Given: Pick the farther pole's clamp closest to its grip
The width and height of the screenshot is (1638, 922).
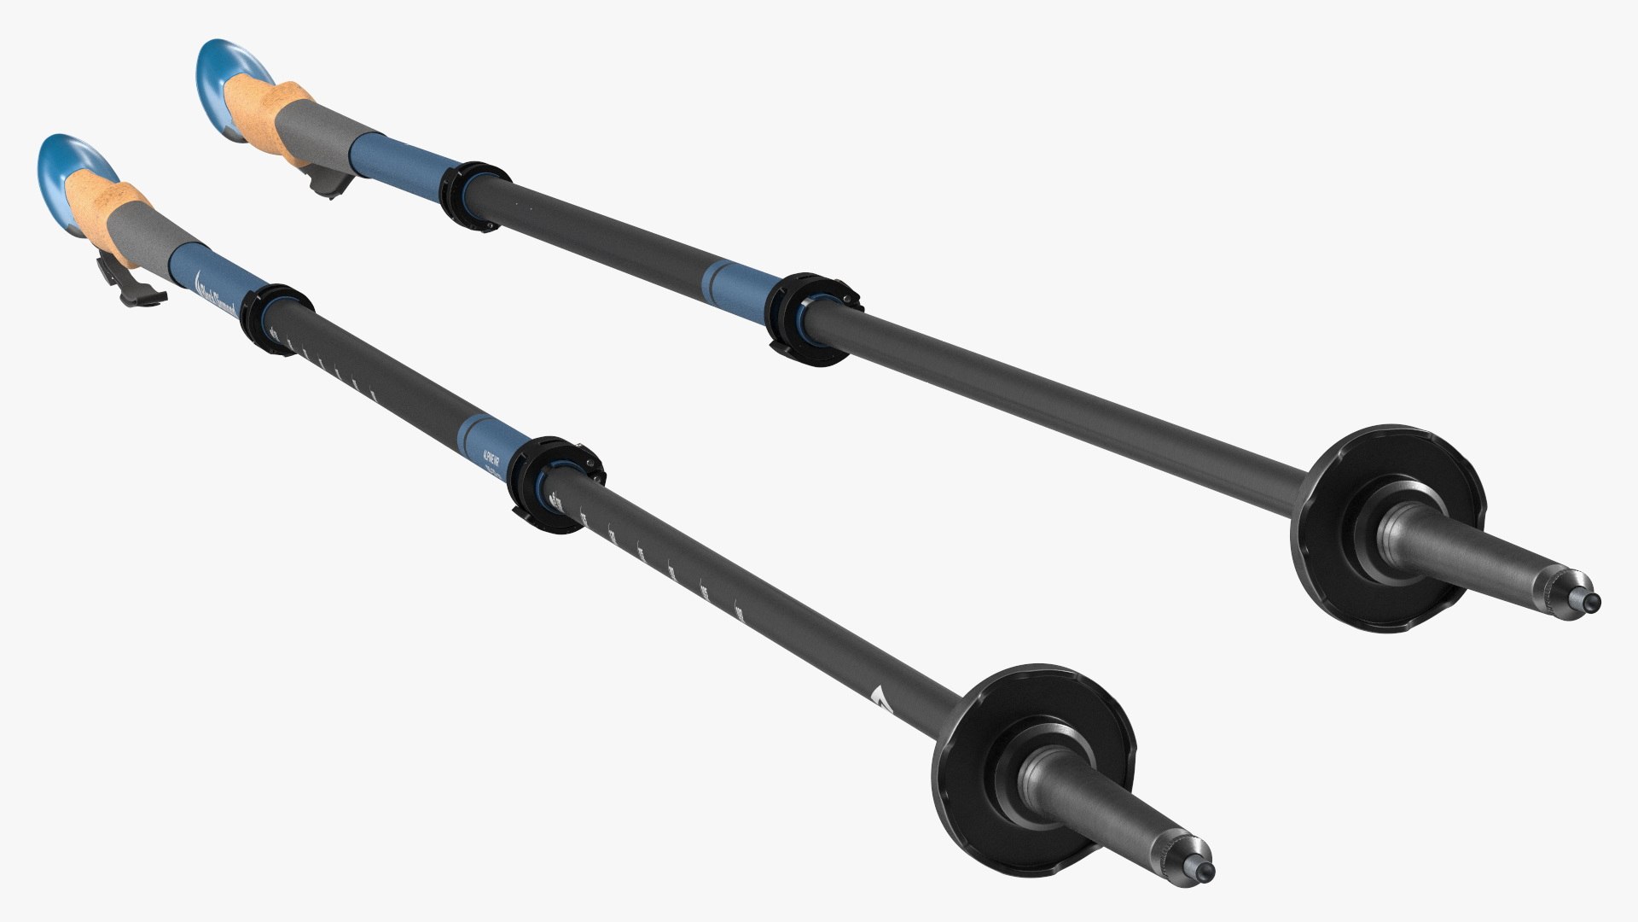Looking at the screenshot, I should [474, 195].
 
